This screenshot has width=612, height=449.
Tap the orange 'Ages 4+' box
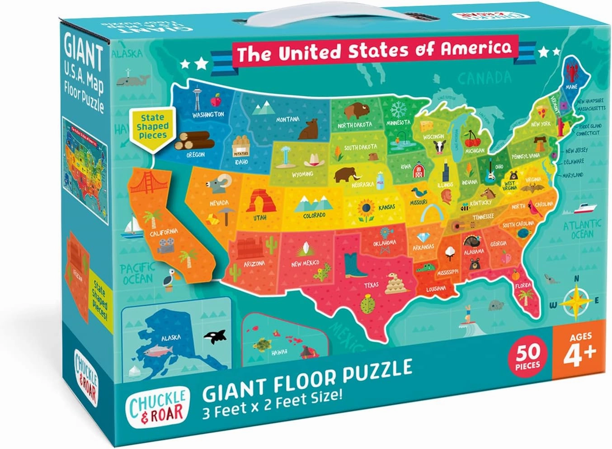tap(579, 349)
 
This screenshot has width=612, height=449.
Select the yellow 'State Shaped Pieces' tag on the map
tap(153, 127)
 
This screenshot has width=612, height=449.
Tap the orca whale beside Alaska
tap(214, 336)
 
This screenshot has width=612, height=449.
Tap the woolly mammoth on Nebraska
tap(347, 174)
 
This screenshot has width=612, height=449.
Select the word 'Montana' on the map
tap(287, 119)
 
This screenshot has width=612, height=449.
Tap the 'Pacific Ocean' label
tap(137, 273)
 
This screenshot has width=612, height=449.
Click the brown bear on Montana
tap(309, 129)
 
